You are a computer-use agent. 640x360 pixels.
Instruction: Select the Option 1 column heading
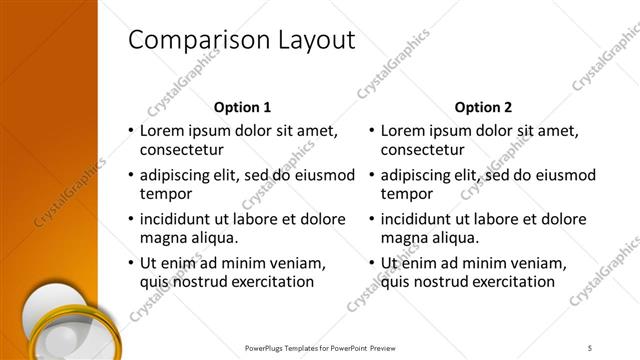[243, 106]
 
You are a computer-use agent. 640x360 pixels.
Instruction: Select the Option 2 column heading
[483, 106]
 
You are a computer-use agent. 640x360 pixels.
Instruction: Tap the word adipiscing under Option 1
[180, 175]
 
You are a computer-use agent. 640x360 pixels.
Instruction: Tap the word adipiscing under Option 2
[421, 175]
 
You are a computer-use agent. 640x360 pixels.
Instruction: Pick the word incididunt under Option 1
[180, 219]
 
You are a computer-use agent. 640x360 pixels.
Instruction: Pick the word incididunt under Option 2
[421, 219]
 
